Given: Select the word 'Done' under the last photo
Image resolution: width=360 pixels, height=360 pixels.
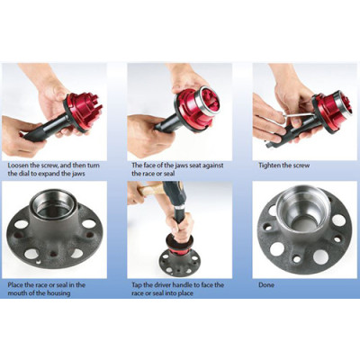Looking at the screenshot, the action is point(266,284).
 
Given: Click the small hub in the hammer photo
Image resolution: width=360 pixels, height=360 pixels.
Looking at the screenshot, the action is point(179,261).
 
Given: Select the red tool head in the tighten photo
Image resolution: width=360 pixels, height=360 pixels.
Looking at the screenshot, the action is point(331,108).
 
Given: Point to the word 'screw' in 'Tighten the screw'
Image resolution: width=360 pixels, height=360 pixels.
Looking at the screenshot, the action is point(301,166).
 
